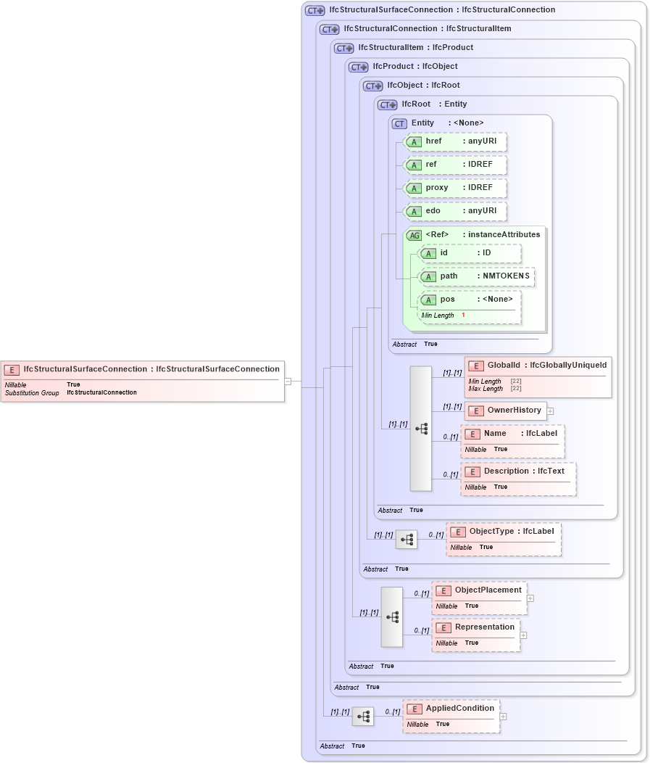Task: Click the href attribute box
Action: click(454, 141)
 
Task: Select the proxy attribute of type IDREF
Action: click(454, 188)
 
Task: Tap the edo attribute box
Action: click(454, 211)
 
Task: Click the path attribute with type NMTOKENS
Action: click(477, 276)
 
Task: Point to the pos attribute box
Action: click(470, 300)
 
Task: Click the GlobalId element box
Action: click(538, 366)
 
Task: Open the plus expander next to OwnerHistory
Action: click(550, 411)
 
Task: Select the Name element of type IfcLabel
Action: click(512, 434)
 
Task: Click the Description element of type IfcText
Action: click(518, 471)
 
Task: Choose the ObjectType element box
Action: click(503, 532)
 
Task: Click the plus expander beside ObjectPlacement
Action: click(530, 598)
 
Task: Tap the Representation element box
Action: click(475, 627)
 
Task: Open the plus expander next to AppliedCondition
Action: click(503, 717)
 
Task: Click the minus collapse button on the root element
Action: click(288, 380)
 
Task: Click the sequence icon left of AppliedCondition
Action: click(363, 717)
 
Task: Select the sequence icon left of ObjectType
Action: click(407, 540)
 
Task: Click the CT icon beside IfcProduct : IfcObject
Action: click(358, 67)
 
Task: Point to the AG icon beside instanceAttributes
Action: click(414, 235)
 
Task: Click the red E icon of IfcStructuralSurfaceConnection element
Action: click(12, 370)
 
